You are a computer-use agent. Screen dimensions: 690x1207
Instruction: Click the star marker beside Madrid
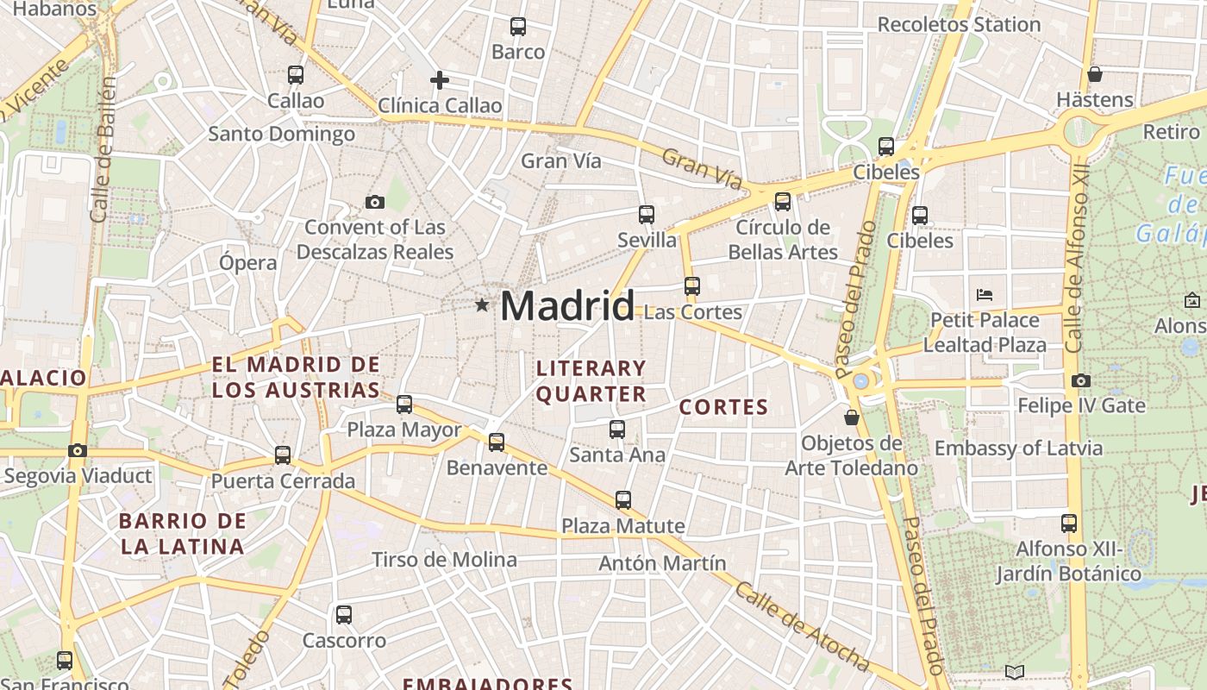point(482,304)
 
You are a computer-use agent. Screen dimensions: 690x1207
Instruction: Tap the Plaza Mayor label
point(403,430)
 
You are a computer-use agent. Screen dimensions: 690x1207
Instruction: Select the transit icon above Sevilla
point(646,215)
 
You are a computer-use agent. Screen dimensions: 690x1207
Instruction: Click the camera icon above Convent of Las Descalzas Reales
point(375,202)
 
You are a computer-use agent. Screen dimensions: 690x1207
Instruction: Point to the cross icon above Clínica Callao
point(440,80)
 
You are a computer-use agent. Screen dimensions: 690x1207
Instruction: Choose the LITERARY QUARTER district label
point(591,381)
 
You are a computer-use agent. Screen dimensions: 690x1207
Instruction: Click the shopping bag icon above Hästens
point(1094,74)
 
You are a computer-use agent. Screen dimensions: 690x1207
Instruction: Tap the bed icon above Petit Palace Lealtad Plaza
point(985,294)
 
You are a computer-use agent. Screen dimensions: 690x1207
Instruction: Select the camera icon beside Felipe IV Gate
point(1081,380)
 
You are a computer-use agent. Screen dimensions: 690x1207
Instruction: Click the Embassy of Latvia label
point(1018,448)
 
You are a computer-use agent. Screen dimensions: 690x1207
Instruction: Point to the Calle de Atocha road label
point(801,626)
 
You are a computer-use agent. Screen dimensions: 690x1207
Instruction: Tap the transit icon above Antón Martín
point(622,499)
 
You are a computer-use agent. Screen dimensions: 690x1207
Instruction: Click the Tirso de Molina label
point(444,560)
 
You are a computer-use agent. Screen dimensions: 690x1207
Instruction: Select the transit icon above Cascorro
point(344,615)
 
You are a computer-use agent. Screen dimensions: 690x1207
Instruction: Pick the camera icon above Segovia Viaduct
point(78,450)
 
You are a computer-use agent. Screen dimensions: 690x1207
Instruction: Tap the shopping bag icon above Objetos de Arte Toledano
point(852,417)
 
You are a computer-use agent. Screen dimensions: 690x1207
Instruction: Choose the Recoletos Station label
point(959,24)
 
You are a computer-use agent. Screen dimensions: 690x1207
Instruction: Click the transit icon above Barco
point(517,27)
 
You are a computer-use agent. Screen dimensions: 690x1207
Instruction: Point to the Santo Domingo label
point(281,135)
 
